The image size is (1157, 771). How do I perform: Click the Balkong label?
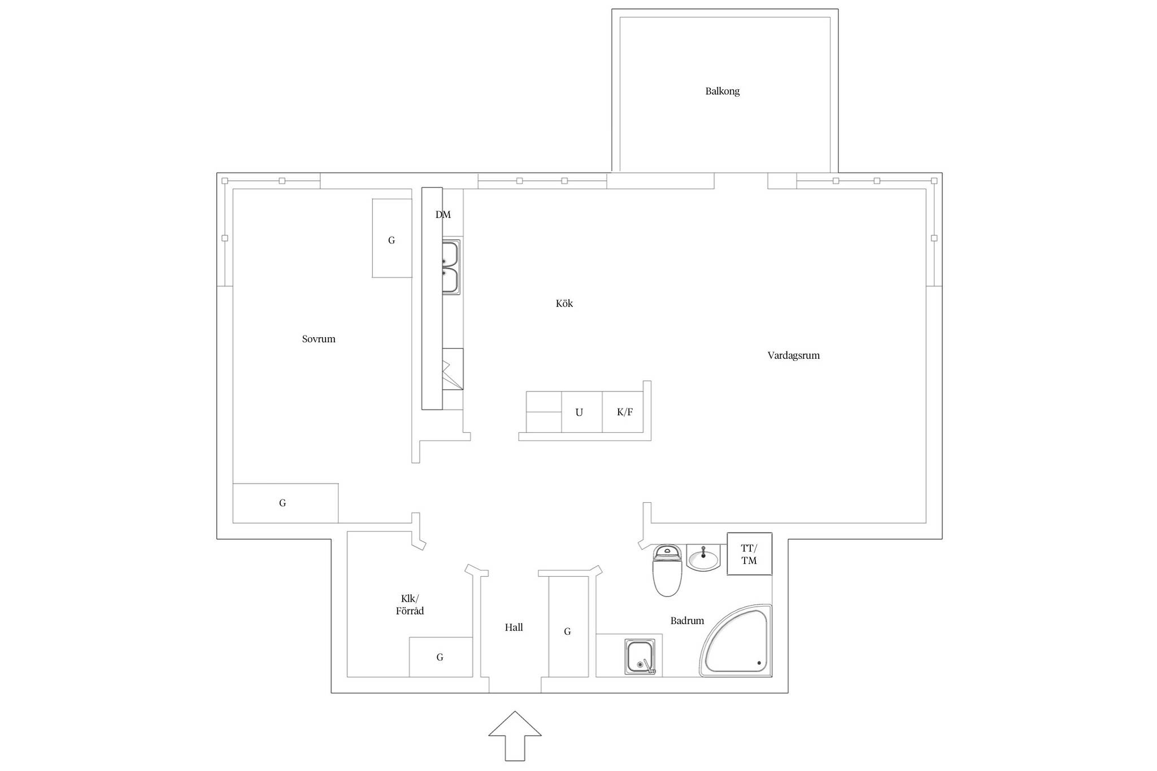[x=722, y=91]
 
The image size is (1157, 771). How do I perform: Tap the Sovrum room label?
[x=319, y=339]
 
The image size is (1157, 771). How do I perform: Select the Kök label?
[x=564, y=303]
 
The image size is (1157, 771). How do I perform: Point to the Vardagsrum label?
[x=793, y=355]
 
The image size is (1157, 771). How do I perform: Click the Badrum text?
[x=687, y=621]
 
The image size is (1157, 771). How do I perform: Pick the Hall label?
[x=514, y=627]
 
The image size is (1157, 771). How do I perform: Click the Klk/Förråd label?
[x=410, y=605]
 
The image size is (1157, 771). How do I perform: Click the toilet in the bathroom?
[x=667, y=570]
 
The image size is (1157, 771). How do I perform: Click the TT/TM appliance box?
[x=749, y=554]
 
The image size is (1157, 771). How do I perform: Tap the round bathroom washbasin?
[x=703, y=558]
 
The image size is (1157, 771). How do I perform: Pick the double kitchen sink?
[x=451, y=267]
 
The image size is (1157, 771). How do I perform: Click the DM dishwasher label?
[x=443, y=215]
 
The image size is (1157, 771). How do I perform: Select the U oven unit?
[x=582, y=412]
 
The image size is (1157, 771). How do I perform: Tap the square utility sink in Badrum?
[x=641, y=657]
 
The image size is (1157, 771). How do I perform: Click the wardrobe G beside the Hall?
[x=568, y=627]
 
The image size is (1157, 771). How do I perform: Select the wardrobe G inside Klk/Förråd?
[x=441, y=657]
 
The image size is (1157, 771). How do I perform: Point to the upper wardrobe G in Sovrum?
[x=392, y=238]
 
